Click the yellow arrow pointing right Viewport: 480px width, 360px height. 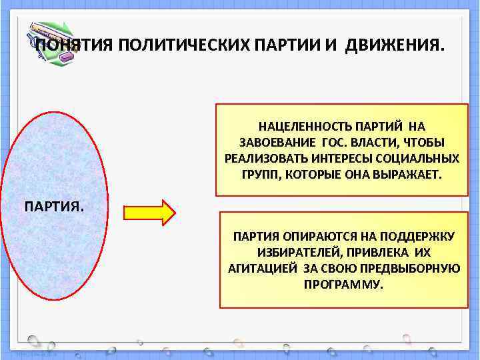(149, 213)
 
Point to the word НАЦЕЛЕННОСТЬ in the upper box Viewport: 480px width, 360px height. (299, 126)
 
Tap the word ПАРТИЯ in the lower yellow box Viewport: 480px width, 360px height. (255, 237)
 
